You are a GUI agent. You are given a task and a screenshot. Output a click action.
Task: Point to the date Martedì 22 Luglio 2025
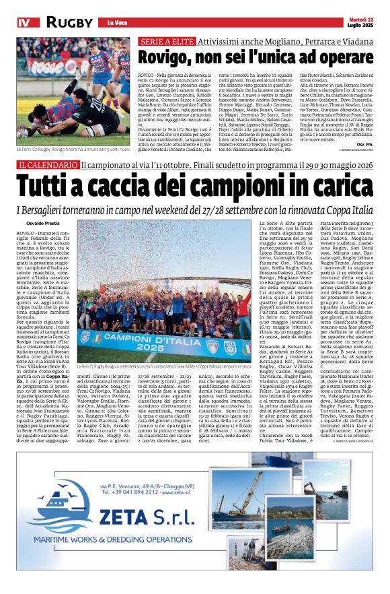click(359, 22)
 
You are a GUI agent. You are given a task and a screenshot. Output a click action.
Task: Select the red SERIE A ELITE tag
click(165, 41)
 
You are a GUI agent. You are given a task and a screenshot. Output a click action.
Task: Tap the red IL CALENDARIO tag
click(47, 165)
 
